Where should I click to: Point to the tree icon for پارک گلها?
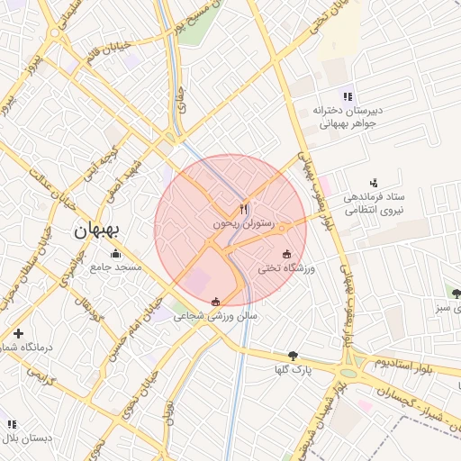(x=293, y=356)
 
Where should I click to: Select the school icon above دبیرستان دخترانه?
(x=347, y=96)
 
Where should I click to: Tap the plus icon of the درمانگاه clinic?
(x=18, y=334)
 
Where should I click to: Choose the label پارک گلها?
(x=294, y=370)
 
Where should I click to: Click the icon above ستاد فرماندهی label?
(x=374, y=182)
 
